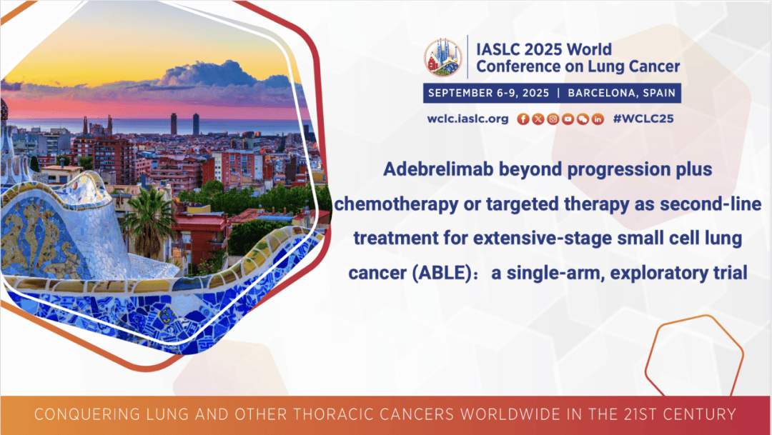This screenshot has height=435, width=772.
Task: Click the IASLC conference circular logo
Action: [x=443, y=58]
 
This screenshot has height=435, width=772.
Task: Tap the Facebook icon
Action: [x=523, y=119]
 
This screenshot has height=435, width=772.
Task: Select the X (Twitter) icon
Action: [x=538, y=119]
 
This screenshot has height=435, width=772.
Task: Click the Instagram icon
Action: [x=553, y=119]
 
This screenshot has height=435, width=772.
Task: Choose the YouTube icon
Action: [x=568, y=119]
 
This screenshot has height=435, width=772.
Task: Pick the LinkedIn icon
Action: [x=598, y=119]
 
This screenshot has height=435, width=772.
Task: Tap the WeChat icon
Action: [x=583, y=119]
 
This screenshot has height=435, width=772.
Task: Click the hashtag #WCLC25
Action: [x=643, y=119]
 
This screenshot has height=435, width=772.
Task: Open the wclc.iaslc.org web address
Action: [x=467, y=119]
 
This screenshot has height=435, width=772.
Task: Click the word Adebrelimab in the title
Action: [x=438, y=169]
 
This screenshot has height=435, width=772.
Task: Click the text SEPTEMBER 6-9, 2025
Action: [x=488, y=93]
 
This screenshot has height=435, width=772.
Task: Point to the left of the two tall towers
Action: [x=174, y=124]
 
